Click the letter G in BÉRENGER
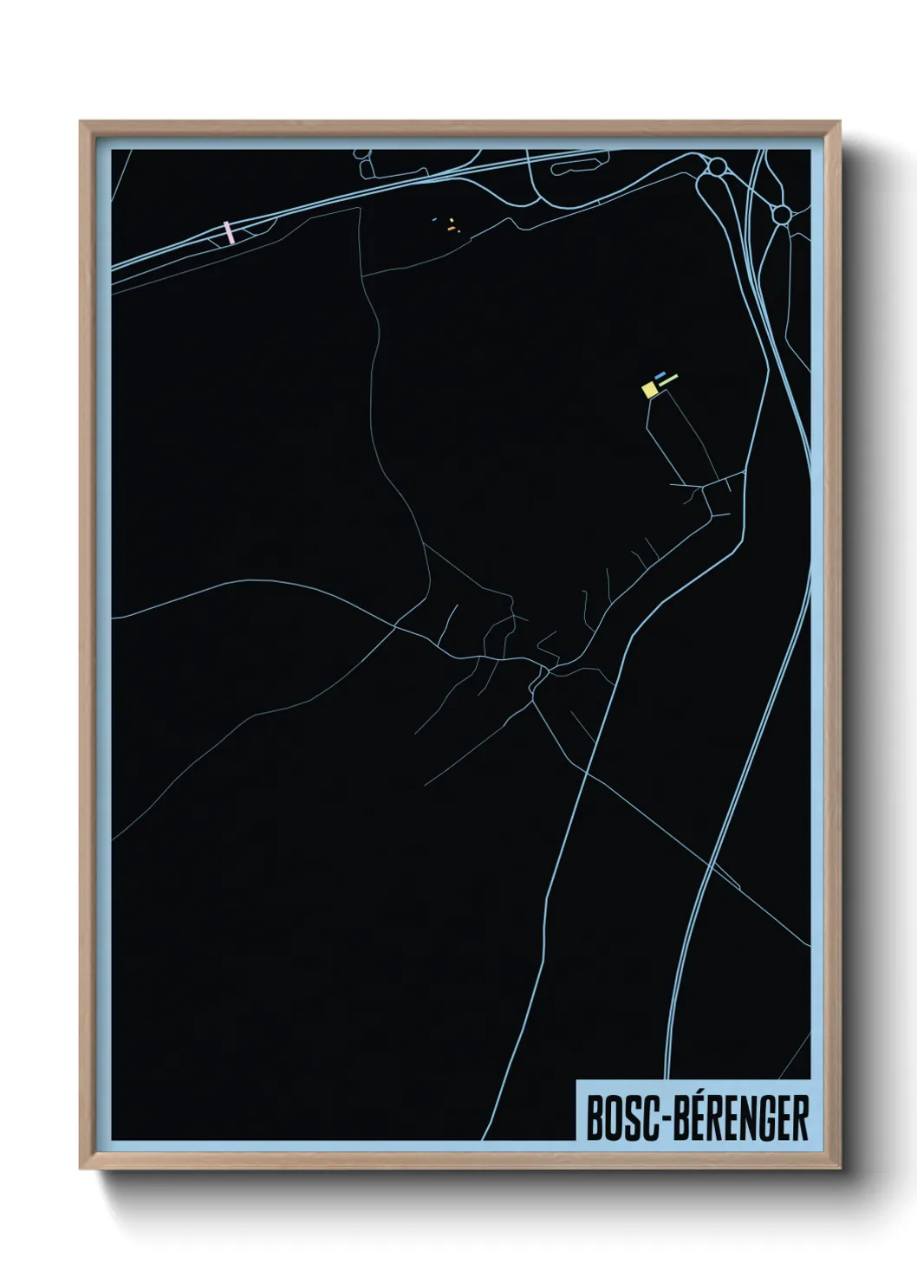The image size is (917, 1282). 761,1119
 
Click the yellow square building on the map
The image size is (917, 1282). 649,390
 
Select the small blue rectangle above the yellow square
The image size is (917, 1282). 660,376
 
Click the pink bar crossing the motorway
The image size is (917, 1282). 229,231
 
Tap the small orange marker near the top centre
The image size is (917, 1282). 451,228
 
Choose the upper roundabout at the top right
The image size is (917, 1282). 717,166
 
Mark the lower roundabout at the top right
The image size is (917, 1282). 781,213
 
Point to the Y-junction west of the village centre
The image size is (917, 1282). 396,625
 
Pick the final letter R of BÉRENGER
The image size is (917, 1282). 801,1119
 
